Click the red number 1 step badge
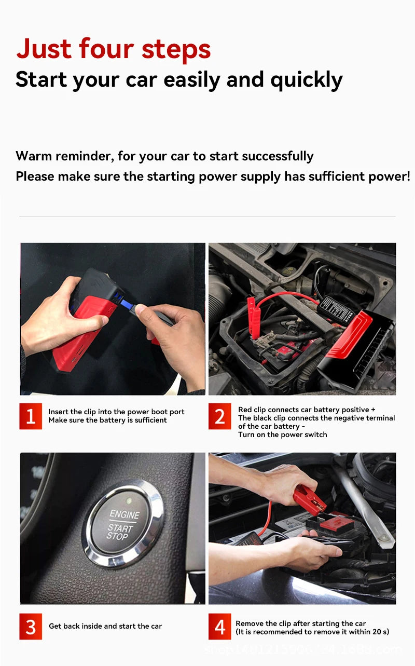31,416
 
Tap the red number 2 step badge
220,416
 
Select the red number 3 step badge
31,627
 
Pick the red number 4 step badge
220,627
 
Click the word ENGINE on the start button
125,514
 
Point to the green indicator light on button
128,501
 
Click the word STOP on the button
117,536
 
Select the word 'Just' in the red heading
45,49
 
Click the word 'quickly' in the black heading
306,80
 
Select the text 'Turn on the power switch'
282,434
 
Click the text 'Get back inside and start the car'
105,626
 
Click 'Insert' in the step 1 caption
58,412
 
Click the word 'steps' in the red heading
176,49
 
